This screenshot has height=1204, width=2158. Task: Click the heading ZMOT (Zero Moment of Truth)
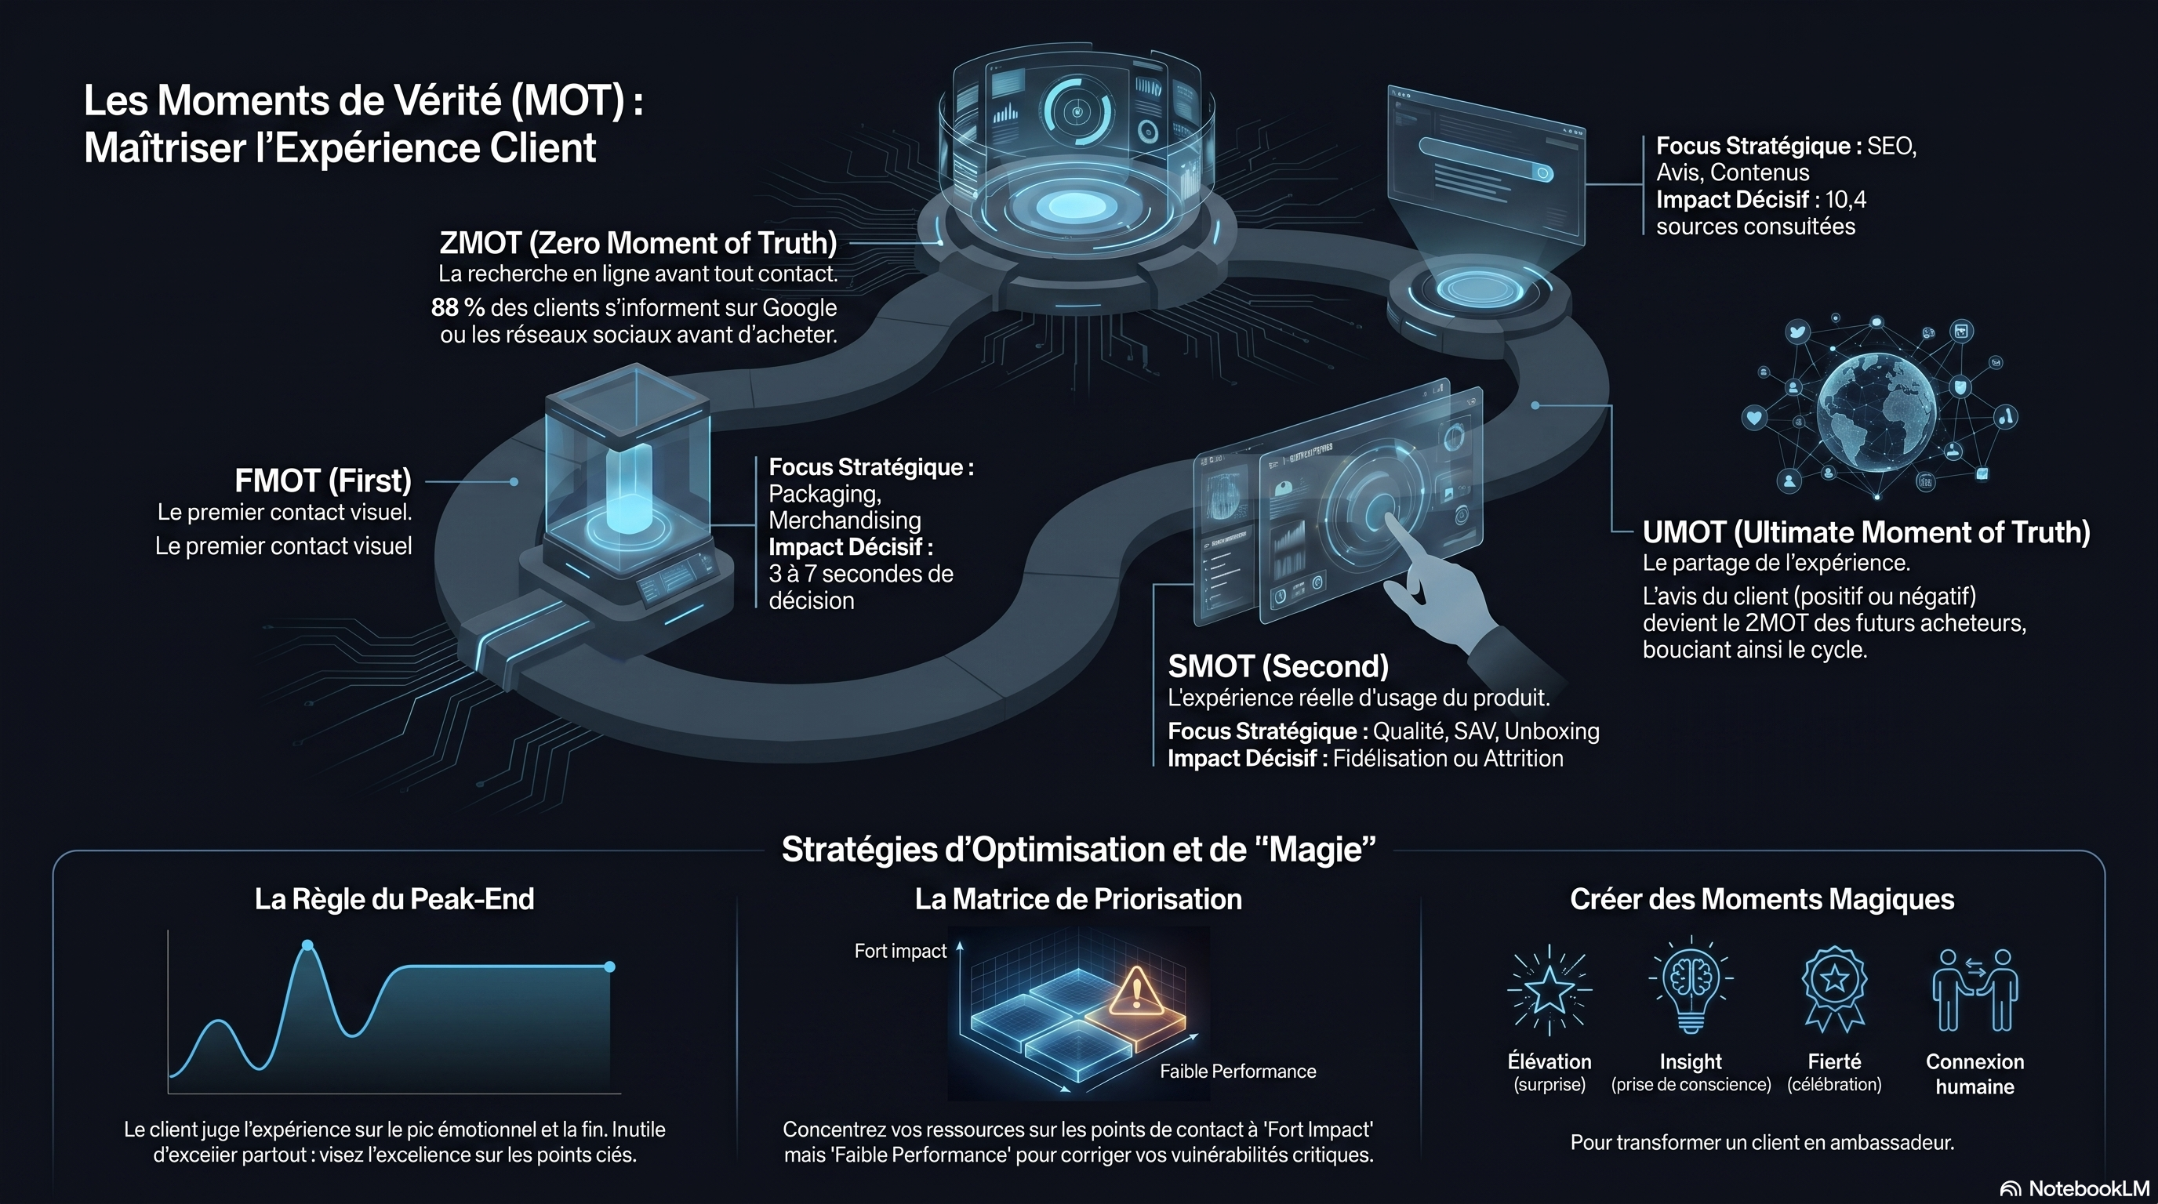pos(638,243)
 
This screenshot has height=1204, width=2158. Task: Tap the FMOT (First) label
pos(323,481)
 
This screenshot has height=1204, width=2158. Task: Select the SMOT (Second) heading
pos(1278,666)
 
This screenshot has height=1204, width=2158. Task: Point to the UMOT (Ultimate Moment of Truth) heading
pos(1866,532)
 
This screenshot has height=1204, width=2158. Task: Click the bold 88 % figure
pos(457,307)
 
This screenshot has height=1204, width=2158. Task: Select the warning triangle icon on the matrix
pos(1136,991)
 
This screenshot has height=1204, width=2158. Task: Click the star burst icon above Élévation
pos(1549,990)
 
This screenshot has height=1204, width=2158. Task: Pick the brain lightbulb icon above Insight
pos(1691,985)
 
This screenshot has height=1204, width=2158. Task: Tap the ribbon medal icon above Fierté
pos(1835,988)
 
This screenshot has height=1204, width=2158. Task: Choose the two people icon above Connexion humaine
pos(1975,990)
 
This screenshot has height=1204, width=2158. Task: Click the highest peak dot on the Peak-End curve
pos(307,945)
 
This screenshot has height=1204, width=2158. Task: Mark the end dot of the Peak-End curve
pos(610,967)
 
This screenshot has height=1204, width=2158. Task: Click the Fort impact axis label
pos(899,951)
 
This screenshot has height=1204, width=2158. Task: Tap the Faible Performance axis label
pos(1237,1072)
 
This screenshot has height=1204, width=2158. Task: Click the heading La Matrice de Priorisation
pos(1078,899)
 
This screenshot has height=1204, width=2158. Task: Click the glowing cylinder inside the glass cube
pos(628,489)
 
